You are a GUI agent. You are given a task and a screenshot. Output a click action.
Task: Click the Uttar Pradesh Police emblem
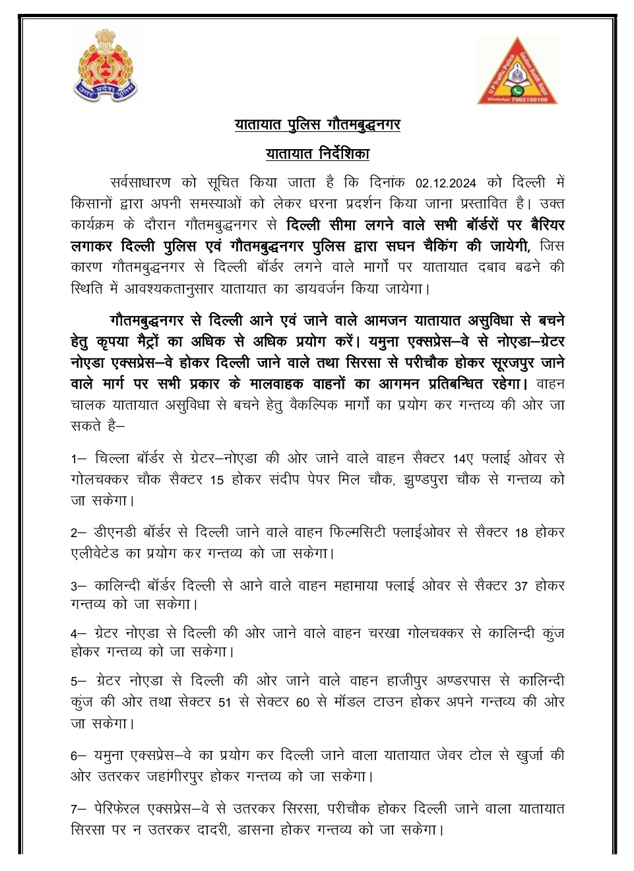coord(105,66)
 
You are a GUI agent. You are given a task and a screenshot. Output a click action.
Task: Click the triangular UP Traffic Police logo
coord(518,71)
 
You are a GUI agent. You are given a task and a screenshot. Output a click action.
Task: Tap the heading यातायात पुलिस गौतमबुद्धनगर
coord(317,124)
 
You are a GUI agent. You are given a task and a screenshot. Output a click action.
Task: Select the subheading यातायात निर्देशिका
coord(317,154)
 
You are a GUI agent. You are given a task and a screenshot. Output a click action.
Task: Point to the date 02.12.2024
coord(445,183)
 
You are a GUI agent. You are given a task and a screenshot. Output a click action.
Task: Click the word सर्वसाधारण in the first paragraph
coord(141,183)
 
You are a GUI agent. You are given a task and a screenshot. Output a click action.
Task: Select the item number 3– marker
coord(79,586)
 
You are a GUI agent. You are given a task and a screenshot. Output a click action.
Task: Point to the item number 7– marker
coord(79,809)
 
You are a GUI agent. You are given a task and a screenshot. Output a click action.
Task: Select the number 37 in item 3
coord(521,586)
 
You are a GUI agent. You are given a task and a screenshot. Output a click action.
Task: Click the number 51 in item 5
coord(225,703)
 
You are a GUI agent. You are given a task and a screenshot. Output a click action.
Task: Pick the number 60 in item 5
coord(303,703)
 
